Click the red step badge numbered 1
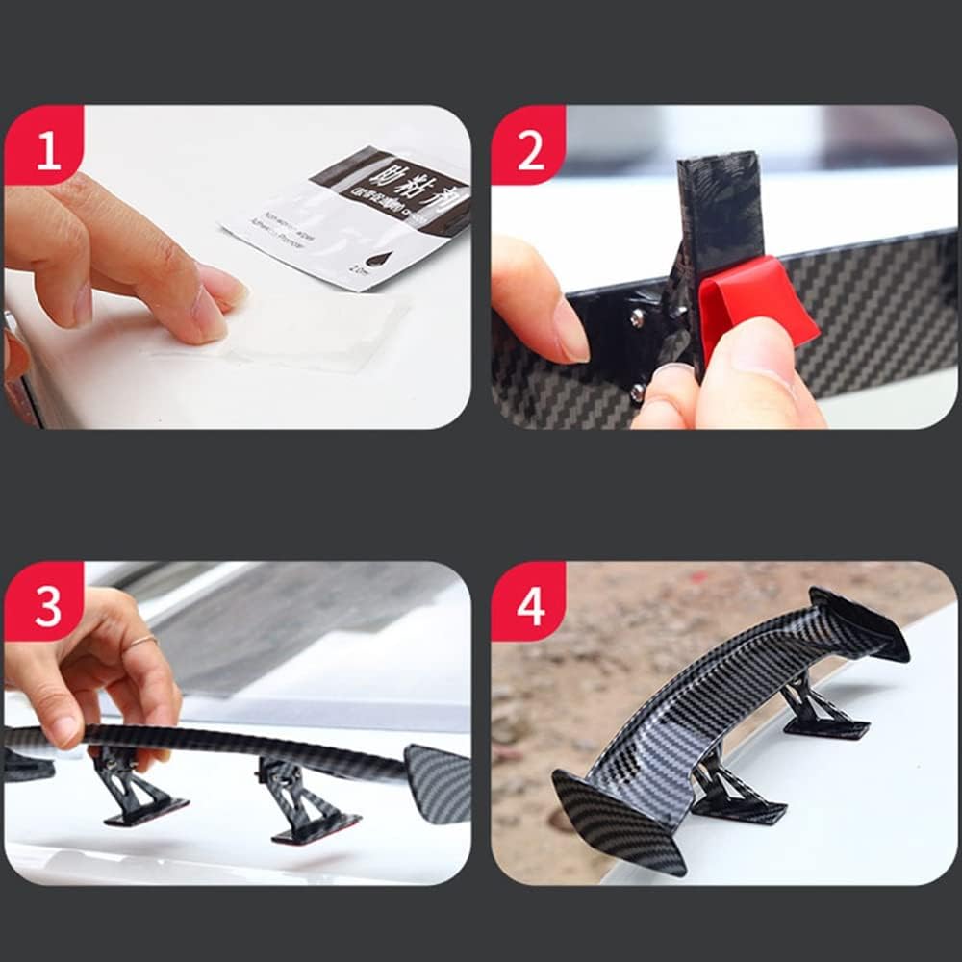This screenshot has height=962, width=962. (x=46, y=150)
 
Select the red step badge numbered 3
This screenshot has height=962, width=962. (x=46, y=605)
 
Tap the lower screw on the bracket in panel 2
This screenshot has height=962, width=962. (x=637, y=390)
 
